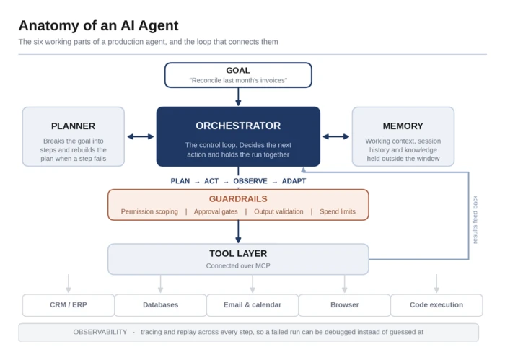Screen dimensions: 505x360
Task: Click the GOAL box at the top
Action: [238, 75]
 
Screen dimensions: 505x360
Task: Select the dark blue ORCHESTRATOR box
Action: [238, 136]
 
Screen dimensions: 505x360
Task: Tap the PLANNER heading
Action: [73, 126]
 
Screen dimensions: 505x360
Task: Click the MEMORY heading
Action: [403, 126]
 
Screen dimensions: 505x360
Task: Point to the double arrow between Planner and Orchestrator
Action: [141, 136]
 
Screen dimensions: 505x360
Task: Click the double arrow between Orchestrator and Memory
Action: [336, 136]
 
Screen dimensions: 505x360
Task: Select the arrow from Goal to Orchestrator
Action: [238, 97]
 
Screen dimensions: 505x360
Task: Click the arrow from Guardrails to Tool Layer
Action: [238, 232]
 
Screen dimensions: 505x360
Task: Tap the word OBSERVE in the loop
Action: [250, 181]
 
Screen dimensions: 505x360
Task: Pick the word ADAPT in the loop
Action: [294, 181]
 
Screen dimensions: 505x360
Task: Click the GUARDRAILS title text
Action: [238, 198]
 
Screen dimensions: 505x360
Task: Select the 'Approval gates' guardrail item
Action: [216, 211]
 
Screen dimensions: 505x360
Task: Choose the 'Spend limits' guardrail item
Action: [338, 211]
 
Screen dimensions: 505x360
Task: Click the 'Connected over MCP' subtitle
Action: [238, 265]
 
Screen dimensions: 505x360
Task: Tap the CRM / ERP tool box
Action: [69, 305]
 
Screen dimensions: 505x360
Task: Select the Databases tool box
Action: [160, 305]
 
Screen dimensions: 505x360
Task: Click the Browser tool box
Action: [345, 305]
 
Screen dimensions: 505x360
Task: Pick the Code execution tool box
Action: [436, 305]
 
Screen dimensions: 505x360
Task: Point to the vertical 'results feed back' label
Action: [475, 219]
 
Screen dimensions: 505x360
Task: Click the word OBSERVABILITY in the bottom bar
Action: [100, 332]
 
